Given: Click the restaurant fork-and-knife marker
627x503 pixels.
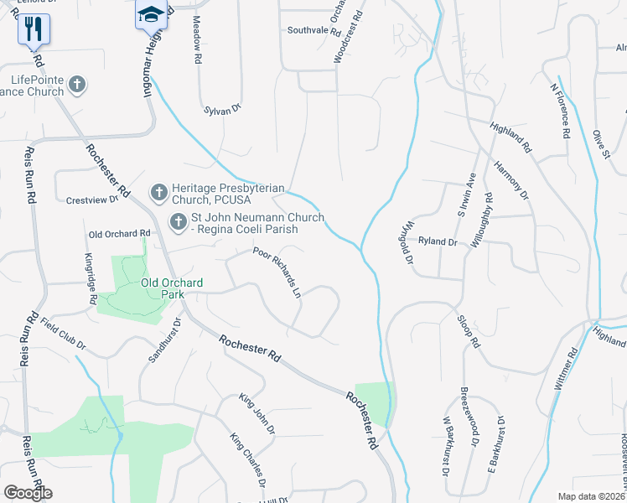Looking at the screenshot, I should (34, 30).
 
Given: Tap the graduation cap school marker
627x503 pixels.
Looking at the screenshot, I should (151, 15).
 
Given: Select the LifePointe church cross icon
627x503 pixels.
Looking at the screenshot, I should (77, 84).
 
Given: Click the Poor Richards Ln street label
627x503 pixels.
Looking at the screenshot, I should (277, 272).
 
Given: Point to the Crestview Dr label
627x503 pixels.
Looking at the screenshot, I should (92, 200).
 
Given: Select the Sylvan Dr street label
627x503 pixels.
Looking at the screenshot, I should (222, 110).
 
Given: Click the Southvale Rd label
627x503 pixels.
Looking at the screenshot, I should (313, 31).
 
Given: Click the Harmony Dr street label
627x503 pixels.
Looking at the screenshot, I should (511, 180).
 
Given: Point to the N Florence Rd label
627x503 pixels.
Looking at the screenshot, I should (560, 109).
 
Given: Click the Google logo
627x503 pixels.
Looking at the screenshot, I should (28, 493).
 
